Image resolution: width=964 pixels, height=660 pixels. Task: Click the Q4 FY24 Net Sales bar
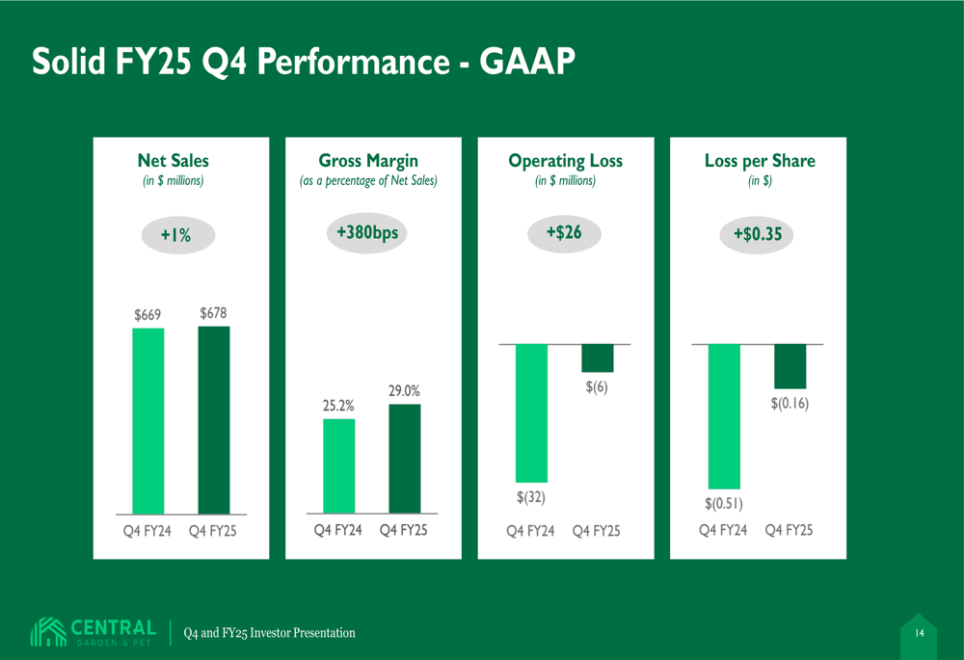(147, 421)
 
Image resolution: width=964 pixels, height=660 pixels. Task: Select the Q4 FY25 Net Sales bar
(214, 420)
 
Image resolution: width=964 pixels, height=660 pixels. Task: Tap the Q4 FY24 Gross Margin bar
(338, 465)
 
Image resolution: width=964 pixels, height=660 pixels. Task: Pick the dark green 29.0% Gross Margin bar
(405, 459)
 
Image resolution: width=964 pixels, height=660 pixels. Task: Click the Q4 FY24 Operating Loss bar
(531, 413)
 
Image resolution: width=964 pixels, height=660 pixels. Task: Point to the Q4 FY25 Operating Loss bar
(598, 357)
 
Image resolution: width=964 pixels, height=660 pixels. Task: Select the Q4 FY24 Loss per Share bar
(723, 416)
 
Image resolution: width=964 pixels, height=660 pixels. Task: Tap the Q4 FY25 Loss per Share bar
(790, 366)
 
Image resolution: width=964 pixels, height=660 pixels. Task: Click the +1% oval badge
(175, 236)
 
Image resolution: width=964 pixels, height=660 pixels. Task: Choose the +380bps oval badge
(367, 233)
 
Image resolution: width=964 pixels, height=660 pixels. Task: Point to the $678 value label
(214, 313)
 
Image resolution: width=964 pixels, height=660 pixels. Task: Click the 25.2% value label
(338, 407)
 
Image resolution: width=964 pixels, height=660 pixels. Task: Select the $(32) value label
(531, 497)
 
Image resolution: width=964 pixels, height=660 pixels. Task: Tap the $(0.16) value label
(790, 404)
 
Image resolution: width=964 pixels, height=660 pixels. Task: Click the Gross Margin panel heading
(368, 161)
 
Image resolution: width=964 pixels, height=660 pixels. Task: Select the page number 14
(919, 633)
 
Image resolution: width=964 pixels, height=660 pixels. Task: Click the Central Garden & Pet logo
(94, 632)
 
